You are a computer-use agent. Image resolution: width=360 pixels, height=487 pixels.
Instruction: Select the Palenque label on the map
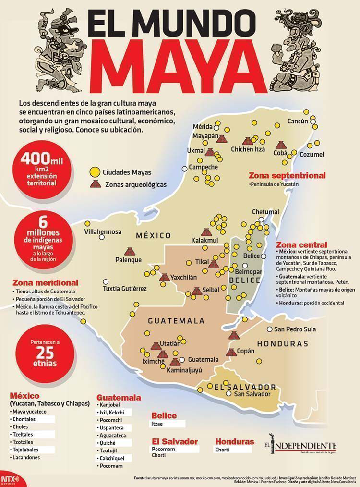128,260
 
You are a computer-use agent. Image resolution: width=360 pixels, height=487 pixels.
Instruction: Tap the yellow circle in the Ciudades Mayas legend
95,171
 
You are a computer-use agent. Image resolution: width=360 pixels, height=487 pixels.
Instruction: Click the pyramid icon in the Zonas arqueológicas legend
95,183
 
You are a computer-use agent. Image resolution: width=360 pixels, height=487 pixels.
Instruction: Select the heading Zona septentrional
287,176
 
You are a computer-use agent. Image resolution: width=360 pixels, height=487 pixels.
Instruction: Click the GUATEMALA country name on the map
176,320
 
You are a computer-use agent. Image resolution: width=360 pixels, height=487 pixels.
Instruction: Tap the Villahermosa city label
103,231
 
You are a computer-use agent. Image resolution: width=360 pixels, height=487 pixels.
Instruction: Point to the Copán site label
246,351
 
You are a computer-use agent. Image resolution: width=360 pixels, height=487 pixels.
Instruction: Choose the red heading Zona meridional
45,282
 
